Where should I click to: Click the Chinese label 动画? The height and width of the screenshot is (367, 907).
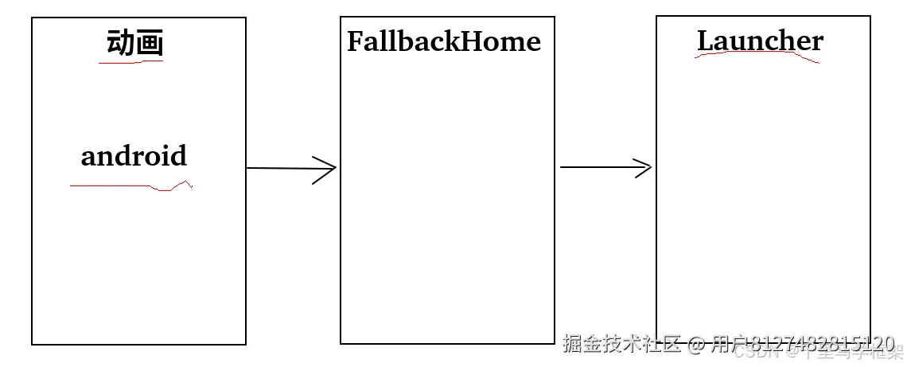click(134, 43)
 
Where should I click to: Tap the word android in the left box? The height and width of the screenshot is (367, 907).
click(134, 155)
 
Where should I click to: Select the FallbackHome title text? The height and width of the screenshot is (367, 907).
click(443, 41)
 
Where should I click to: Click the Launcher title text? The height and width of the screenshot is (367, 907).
click(760, 41)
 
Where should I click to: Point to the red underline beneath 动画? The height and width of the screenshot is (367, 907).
click(130, 62)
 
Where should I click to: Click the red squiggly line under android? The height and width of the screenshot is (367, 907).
click(131, 187)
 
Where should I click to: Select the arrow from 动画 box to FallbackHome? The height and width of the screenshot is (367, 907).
click(290, 169)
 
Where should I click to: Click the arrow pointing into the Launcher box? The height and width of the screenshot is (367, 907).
click(605, 167)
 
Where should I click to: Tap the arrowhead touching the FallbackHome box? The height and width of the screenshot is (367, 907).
click(326, 169)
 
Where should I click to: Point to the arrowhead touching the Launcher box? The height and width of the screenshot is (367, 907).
click(642, 167)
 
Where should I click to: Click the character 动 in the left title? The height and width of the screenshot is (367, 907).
click(120, 43)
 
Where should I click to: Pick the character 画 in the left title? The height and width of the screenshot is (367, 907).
click(149, 43)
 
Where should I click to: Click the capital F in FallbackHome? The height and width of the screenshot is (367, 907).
click(356, 41)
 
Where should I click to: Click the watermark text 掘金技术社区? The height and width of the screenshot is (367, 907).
click(622, 344)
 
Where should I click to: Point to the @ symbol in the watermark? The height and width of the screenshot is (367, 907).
click(696, 345)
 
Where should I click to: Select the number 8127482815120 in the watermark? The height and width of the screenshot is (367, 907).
click(823, 344)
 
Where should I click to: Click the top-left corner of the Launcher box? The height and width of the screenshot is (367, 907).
click(657, 17)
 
